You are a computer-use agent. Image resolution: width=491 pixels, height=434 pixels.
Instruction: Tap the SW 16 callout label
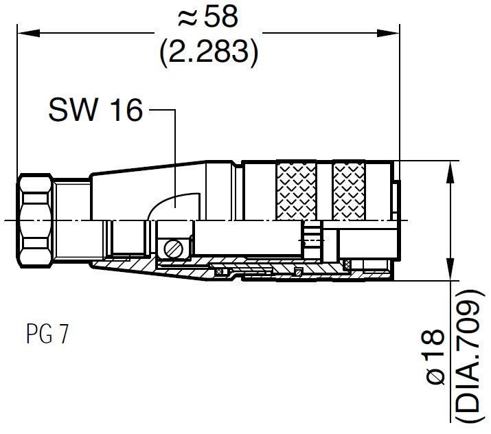[95, 110]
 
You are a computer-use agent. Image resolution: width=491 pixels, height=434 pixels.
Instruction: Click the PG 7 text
[47, 335]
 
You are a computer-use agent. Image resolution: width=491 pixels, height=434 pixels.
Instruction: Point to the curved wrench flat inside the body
[175, 206]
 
